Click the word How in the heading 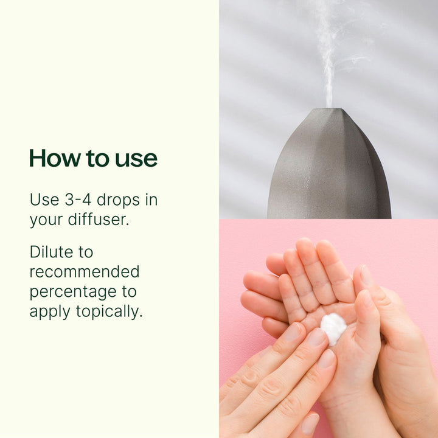pos(55,158)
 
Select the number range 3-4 pos(78,200)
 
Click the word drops pos(118,200)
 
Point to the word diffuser pos(99,219)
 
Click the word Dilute pos(51,252)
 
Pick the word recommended pos(85,271)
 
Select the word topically pos(109,312)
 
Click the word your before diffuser pos(46,220)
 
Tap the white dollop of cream pos(333,328)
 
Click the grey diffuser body pos(330,168)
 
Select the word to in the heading pos(97,159)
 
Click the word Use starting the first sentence pos(44,200)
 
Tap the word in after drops pos(151,200)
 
